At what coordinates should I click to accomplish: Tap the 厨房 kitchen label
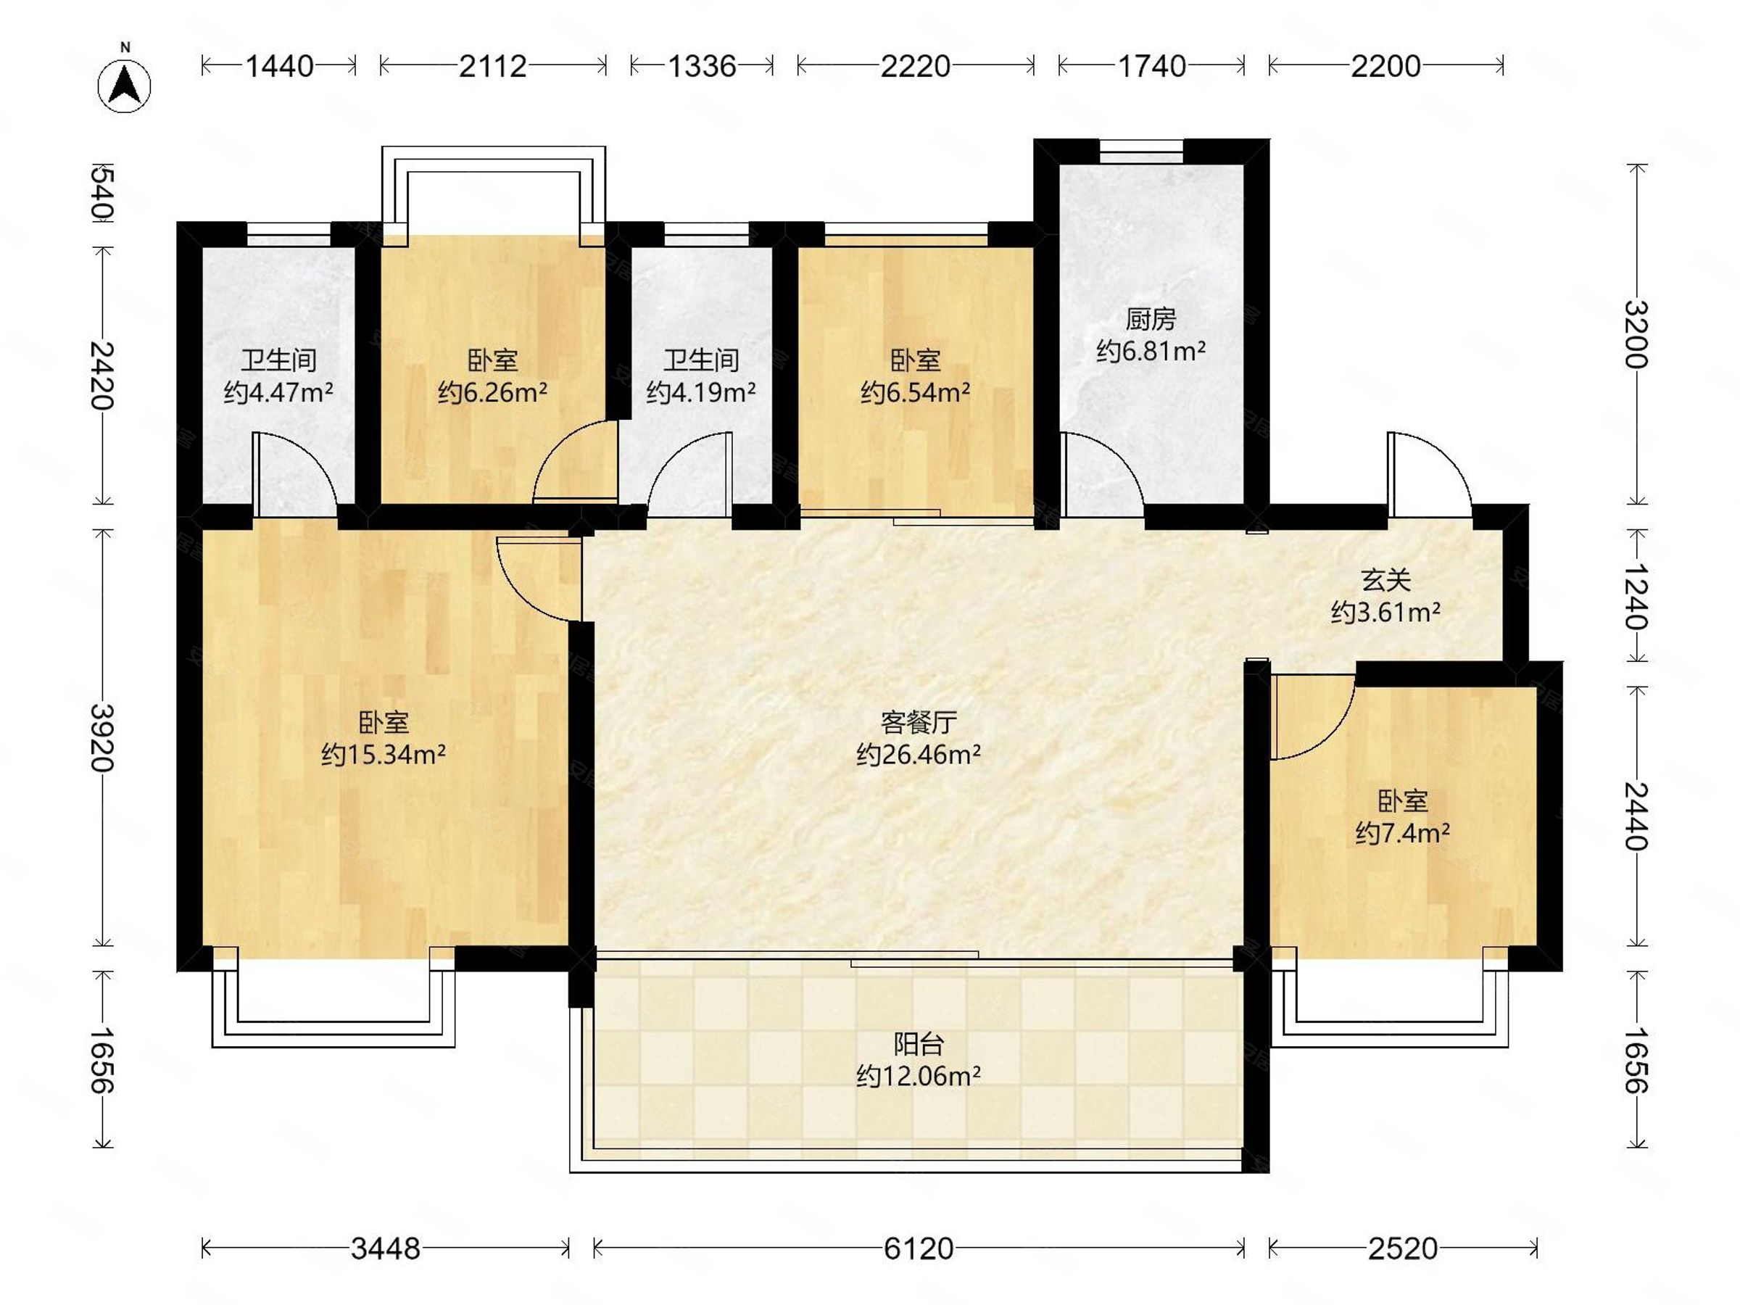[x=1150, y=320]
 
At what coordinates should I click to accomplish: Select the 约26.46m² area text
[x=918, y=755]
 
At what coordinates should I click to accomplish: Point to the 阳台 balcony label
[x=918, y=1044]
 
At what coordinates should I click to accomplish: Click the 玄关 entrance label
[x=1385, y=581]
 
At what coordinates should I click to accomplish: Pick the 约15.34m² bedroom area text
[x=383, y=755]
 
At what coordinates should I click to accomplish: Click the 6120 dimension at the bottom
[x=918, y=1248]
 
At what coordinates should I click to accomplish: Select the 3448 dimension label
[x=386, y=1248]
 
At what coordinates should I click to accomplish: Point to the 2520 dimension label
[x=1403, y=1248]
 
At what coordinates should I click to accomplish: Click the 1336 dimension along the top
[x=702, y=66]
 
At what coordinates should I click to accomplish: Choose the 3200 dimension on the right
[x=1637, y=334]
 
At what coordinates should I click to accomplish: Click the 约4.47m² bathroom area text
[x=278, y=391]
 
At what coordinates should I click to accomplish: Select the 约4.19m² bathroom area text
[x=701, y=391]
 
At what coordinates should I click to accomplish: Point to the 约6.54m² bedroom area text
[x=915, y=391]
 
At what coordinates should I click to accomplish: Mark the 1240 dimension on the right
[x=1637, y=596]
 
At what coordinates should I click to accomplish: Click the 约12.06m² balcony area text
[x=918, y=1075]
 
